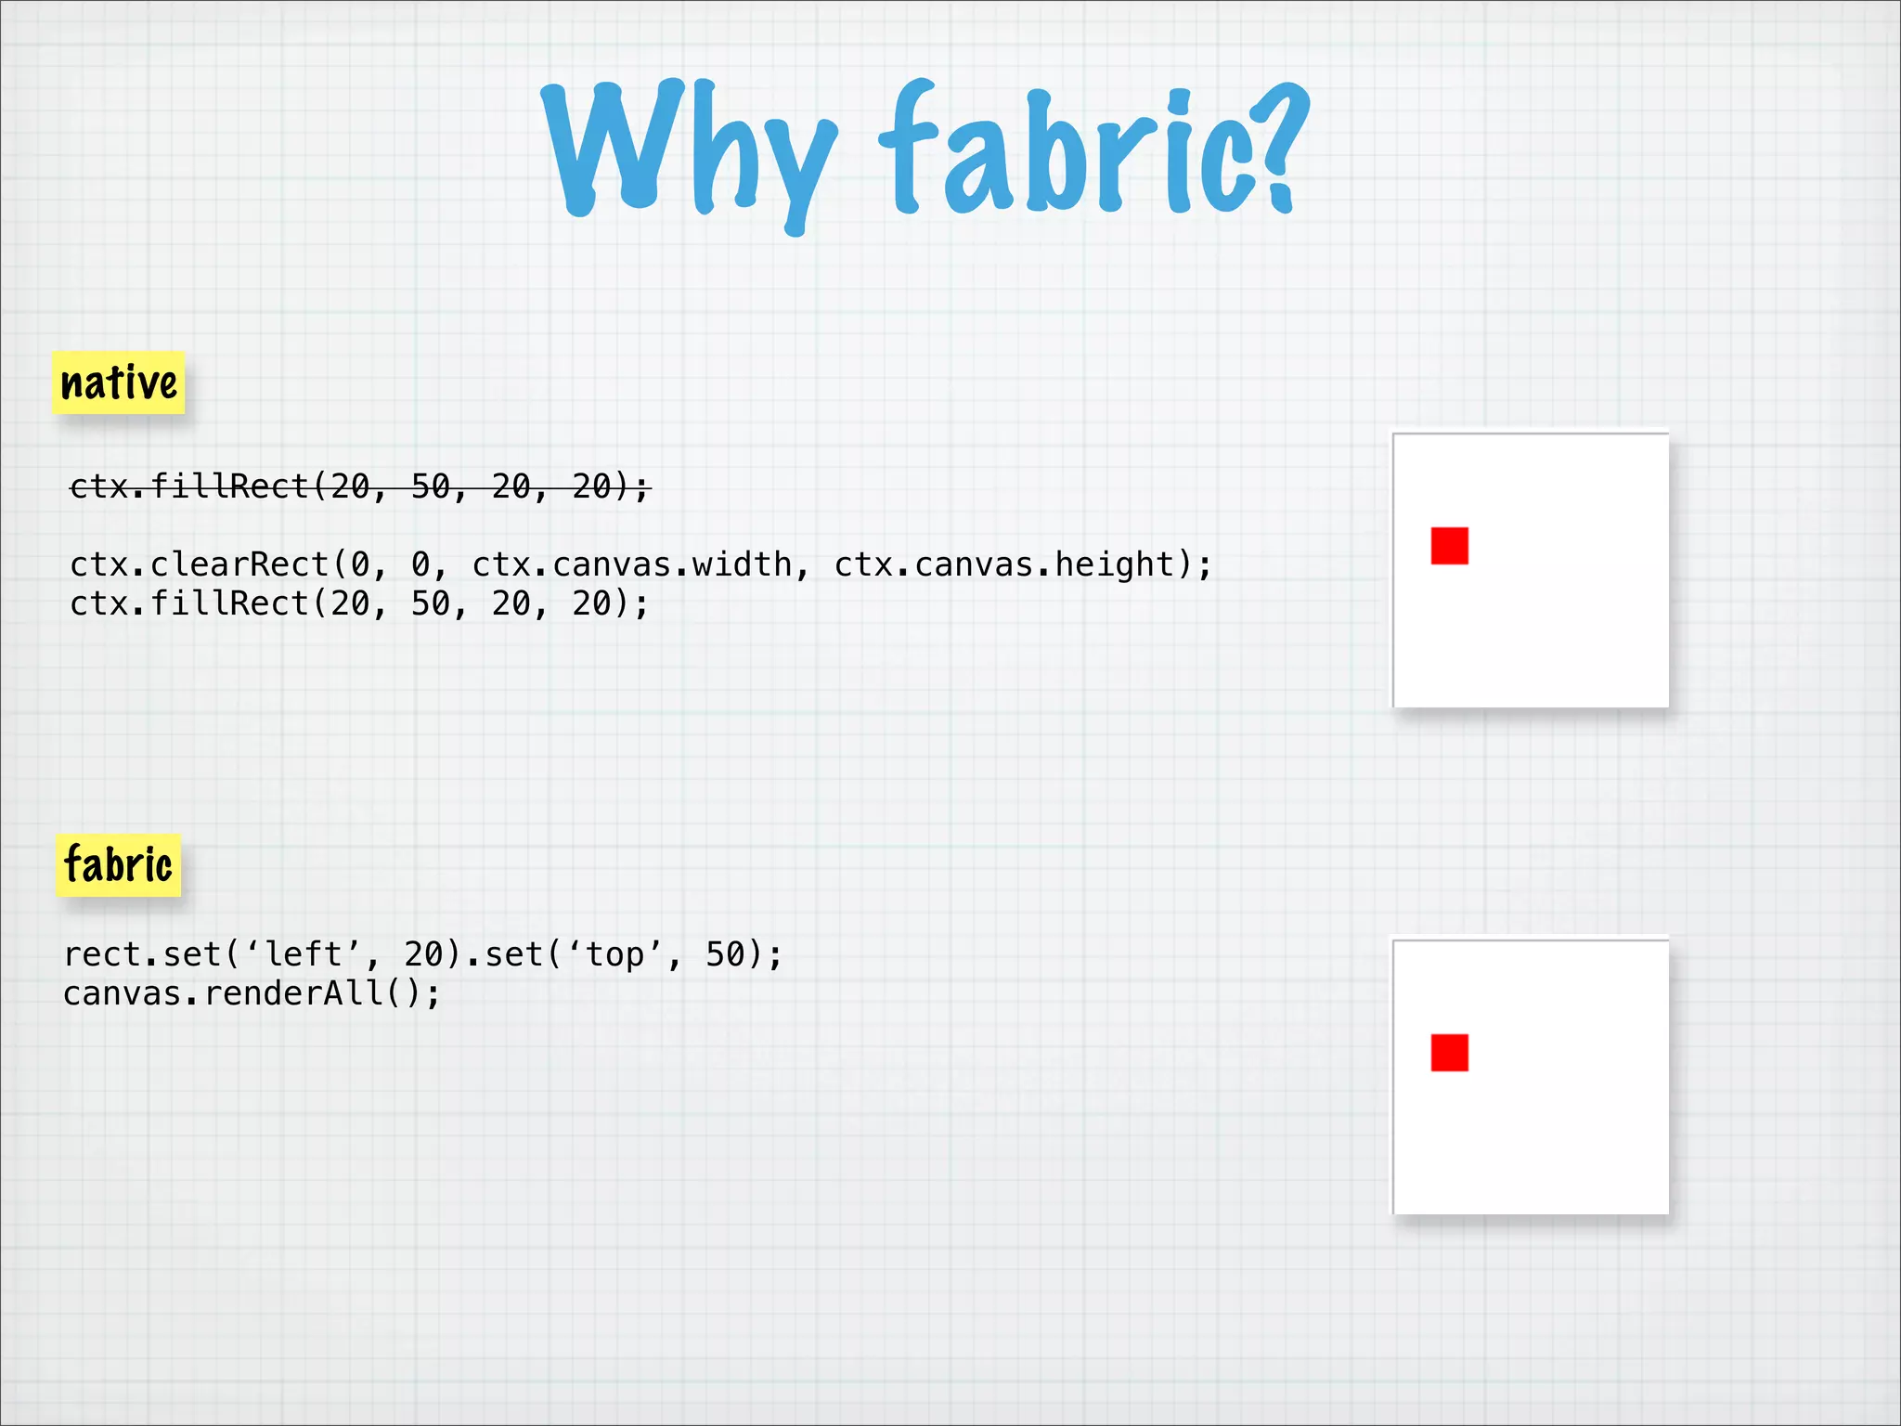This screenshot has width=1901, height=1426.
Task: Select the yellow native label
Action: [x=119, y=382]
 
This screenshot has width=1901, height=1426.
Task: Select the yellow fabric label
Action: [x=119, y=865]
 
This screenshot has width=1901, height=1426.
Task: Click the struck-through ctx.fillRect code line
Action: [x=360, y=486]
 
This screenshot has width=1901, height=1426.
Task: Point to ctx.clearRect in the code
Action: [x=200, y=564]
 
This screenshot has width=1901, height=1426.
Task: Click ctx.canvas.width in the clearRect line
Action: [x=631, y=564]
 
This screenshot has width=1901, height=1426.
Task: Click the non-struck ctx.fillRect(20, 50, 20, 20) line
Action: [x=360, y=603]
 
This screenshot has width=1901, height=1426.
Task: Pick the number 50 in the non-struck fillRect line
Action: [x=431, y=603]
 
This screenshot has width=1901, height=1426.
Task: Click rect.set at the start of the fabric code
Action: [x=142, y=954]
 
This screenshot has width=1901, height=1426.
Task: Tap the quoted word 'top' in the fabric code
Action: [x=614, y=954]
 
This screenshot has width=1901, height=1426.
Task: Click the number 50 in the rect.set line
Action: [x=726, y=954]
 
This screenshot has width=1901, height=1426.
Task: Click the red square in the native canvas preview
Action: [x=1449, y=546]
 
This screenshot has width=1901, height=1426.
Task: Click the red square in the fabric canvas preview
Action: [x=1449, y=1053]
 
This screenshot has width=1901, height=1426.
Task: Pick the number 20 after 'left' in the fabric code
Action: [x=424, y=954]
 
